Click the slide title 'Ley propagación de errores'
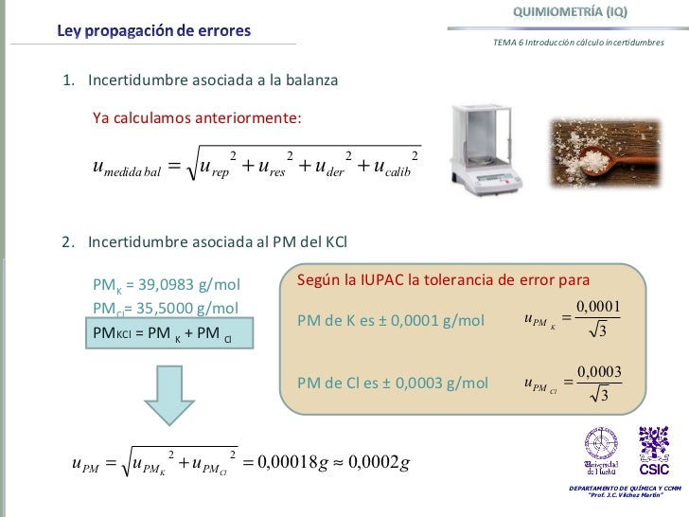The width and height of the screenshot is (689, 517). [x=153, y=30]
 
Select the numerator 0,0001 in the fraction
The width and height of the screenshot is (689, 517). [x=597, y=305]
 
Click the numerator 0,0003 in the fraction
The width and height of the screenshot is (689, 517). [x=597, y=370]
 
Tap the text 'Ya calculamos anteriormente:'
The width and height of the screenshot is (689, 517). [x=197, y=118]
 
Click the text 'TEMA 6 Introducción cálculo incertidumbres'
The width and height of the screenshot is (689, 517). [x=578, y=43]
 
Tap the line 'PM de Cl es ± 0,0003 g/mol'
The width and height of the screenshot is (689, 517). [x=393, y=383]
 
